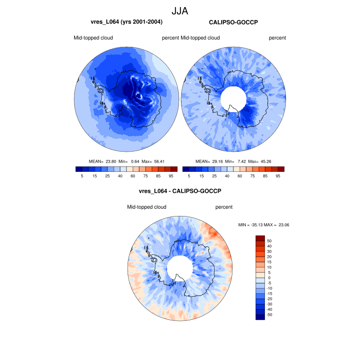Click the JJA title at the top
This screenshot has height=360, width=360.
180,10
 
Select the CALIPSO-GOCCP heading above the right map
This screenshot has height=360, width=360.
233,22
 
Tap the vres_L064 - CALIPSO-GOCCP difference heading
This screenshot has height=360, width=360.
180,191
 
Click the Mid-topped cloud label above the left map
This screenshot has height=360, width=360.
93,38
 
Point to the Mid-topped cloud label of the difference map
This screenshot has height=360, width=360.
147,207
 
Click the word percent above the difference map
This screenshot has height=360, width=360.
224,207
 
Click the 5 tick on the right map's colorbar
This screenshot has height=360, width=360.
189,176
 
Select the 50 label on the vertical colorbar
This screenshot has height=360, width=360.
269,241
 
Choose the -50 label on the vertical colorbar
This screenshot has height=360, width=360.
269,314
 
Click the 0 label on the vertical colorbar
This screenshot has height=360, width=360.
268,278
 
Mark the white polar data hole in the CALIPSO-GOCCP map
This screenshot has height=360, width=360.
232,97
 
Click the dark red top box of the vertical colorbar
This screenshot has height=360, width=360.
260,238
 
